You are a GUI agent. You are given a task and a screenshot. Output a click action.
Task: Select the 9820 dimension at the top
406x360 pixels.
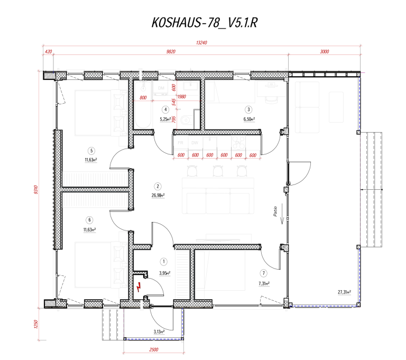[x=170, y=52]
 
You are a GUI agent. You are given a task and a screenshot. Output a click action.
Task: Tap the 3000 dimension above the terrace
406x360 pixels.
[x=325, y=52]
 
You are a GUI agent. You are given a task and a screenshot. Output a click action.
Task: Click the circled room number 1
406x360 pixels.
[x=164, y=261]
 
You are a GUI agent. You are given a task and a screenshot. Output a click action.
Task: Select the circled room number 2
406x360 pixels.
[x=158, y=186]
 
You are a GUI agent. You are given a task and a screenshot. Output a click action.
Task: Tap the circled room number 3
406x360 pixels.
[x=247, y=109]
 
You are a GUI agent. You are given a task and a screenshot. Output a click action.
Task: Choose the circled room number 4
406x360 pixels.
[x=165, y=109]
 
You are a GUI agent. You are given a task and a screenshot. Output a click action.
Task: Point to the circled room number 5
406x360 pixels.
[x=91, y=150]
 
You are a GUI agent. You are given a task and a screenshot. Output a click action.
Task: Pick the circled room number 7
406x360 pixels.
[x=263, y=273]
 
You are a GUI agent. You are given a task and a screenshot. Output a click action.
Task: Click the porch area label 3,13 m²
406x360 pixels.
[x=158, y=332]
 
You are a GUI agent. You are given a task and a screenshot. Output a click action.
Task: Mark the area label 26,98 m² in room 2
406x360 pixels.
[x=158, y=195]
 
